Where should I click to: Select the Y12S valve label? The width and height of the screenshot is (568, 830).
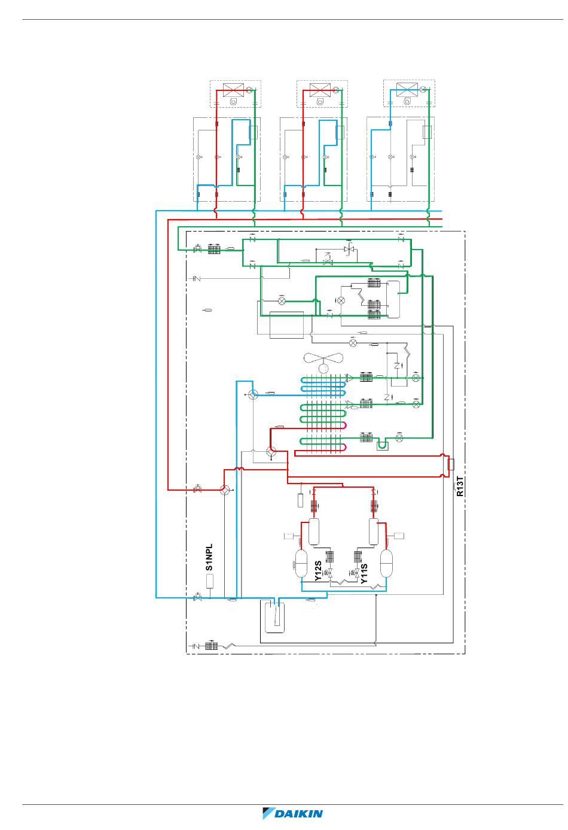pos(318,571)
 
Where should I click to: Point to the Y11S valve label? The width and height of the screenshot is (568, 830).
pos(364,573)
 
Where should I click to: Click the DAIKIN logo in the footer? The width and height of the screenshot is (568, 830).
pos(293,813)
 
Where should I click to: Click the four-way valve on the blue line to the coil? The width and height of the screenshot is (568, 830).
pos(253,394)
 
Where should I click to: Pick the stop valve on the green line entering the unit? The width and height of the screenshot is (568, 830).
pos(197,248)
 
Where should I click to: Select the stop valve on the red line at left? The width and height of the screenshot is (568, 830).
pos(197,490)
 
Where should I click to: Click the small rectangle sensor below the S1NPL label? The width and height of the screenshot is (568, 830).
pos(210,581)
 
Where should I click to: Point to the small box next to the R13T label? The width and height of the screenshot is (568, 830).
pos(451,464)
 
